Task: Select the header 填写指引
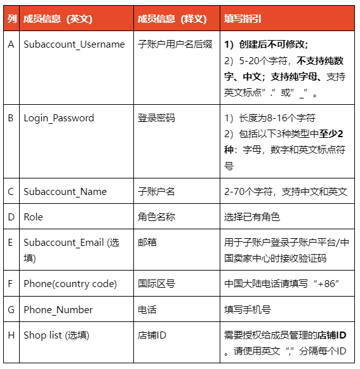point(244,18)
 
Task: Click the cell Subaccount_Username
point(74,44)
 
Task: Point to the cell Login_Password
point(58,118)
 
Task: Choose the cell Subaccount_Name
point(65,192)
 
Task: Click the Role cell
point(33,217)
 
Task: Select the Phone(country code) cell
point(70,284)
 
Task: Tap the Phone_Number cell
point(58,310)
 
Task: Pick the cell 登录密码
point(156,118)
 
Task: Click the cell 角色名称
point(156,217)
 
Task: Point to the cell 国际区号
point(156,284)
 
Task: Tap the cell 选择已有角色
point(252,217)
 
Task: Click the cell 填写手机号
point(248,310)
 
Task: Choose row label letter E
point(11,243)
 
